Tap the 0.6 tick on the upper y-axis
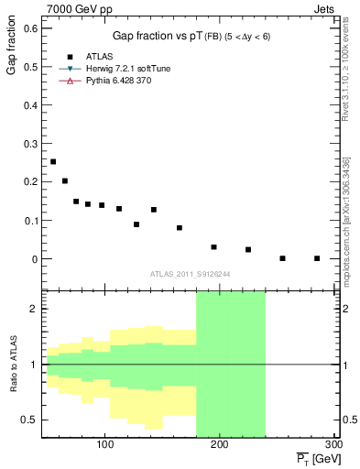point(32,28)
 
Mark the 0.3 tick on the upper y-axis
point(32,144)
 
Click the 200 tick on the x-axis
point(220,444)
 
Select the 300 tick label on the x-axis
point(333,444)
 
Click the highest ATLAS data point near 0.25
point(53,162)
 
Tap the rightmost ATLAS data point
point(317,258)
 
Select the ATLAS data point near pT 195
point(213,247)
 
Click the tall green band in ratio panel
point(230,366)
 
